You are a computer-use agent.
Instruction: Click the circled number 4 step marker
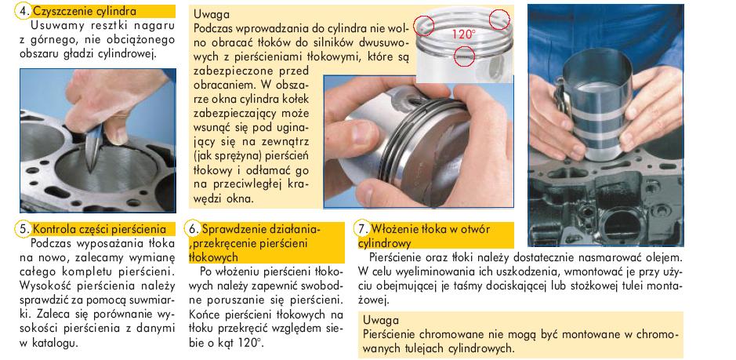[23, 11]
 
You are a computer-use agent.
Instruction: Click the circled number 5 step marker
[24, 229]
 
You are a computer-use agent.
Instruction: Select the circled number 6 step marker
[192, 229]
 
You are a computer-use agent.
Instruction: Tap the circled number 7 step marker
[362, 229]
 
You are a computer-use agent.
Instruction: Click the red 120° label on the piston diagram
[464, 34]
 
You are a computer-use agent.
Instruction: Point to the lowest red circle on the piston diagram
[465, 56]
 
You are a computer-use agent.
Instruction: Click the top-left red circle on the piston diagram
[423, 25]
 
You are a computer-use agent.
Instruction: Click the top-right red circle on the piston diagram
[499, 20]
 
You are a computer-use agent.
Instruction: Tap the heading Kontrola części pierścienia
[100, 229]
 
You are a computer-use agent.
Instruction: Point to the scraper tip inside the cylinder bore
[92, 170]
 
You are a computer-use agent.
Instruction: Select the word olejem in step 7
[663, 257]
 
